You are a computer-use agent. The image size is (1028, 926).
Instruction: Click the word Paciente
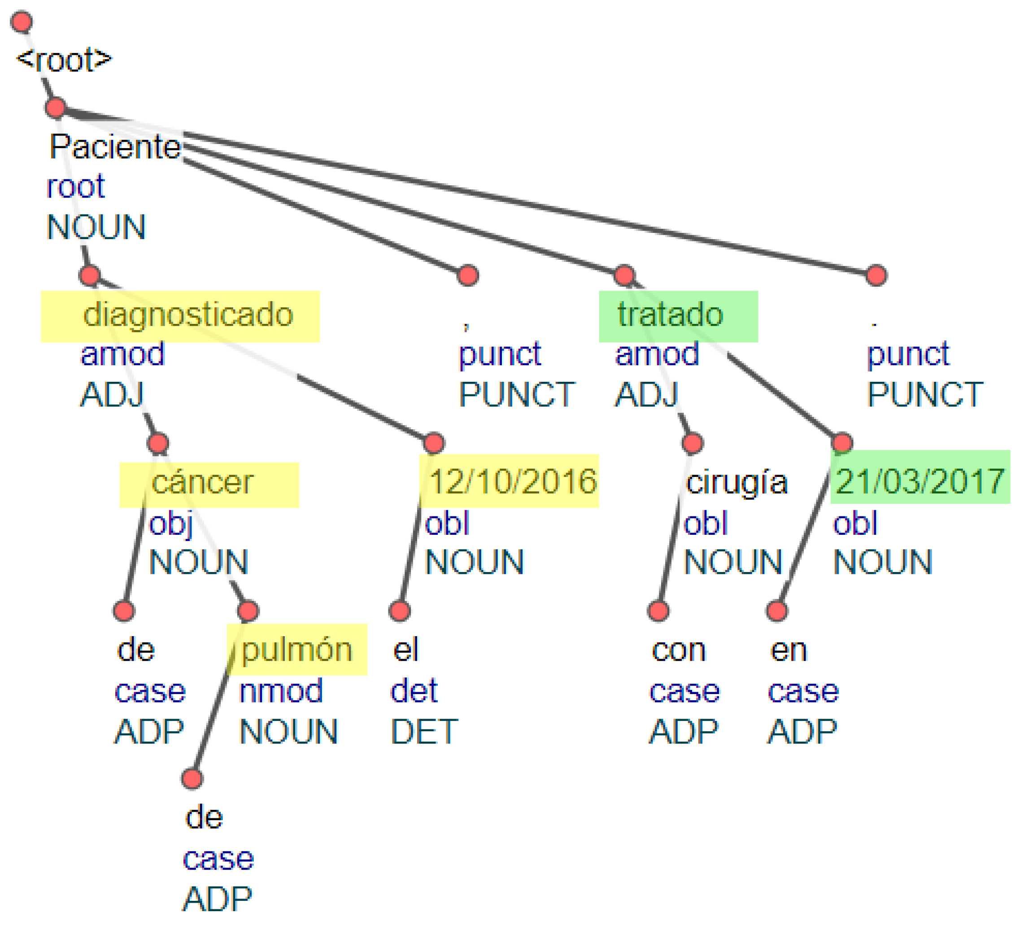click(115, 147)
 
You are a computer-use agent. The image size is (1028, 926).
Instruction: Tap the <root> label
click(64, 60)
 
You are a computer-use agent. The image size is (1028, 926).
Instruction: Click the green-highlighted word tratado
click(670, 314)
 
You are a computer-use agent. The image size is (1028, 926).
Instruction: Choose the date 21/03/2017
click(919, 481)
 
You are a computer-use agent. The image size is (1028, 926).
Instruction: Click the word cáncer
click(202, 482)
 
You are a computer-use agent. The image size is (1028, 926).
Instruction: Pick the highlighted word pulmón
click(296, 650)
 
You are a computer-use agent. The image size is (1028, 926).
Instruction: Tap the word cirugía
click(736, 482)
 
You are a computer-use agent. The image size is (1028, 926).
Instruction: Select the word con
click(679, 650)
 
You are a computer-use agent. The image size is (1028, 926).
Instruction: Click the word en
click(788, 650)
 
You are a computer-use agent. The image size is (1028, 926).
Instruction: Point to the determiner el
click(405, 650)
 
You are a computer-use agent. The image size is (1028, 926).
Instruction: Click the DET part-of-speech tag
click(424, 732)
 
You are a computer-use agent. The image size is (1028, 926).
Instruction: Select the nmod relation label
click(281, 691)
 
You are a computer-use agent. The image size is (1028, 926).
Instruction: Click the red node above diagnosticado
click(90, 275)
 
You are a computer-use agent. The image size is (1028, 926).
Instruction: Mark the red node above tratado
click(624, 275)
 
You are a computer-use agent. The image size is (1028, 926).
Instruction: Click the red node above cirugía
click(692, 443)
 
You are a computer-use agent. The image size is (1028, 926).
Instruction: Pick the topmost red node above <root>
click(22, 22)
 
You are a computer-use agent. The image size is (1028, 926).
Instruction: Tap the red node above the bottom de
click(192, 778)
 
